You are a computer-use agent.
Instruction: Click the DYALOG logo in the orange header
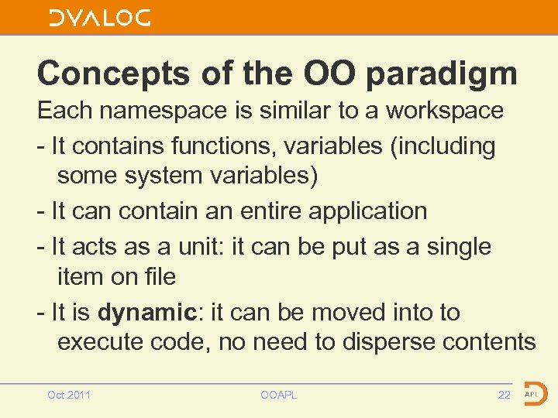click(x=100, y=19)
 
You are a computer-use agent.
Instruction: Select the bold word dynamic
click(x=146, y=313)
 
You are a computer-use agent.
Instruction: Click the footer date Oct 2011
click(x=69, y=396)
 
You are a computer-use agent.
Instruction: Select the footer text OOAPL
click(x=279, y=396)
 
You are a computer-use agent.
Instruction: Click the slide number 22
click(x=504, y=396)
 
